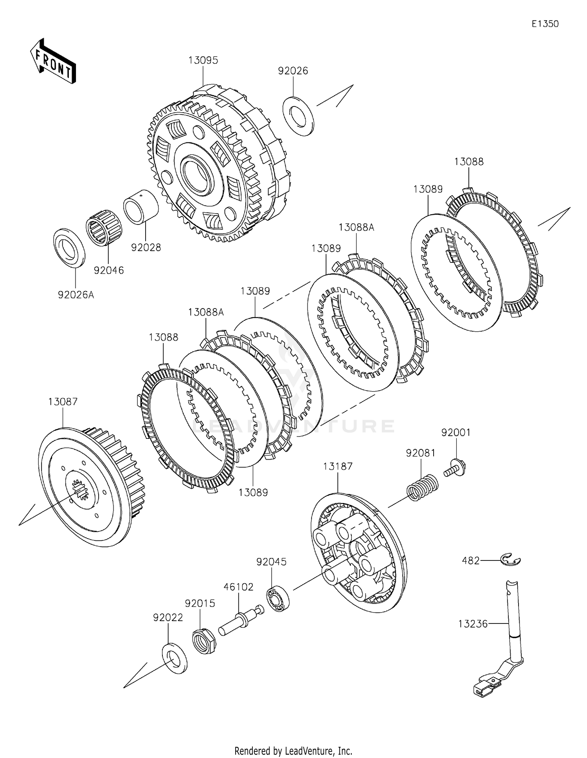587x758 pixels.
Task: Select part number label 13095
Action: (203, 60)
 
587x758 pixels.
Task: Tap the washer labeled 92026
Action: (299, 116)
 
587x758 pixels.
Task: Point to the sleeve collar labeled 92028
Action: (141, 207)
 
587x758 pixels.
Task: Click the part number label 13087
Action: (63, 402)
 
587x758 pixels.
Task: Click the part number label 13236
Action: (473, 623)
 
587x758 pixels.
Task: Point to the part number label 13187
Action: (338, 466)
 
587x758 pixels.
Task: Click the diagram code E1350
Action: (545, 24)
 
